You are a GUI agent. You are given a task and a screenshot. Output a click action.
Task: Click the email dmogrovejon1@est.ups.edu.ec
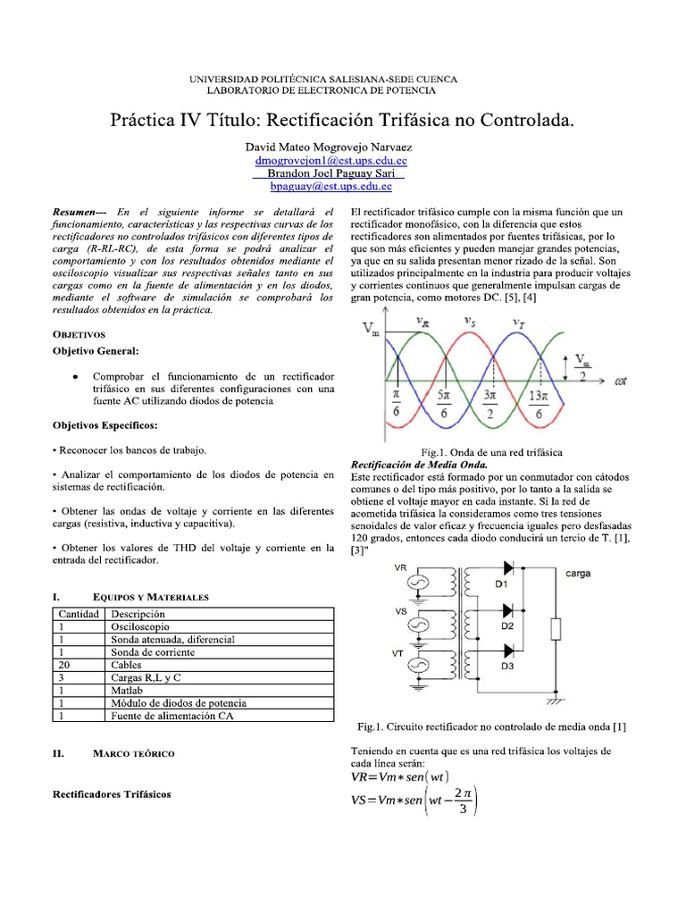point(330,160)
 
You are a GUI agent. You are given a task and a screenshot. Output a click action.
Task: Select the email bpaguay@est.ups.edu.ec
point(330,187)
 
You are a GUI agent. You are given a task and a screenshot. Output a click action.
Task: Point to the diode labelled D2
point(508,611)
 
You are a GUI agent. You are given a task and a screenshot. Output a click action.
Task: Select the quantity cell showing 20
point(64,665)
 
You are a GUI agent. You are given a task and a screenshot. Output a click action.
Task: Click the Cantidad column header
point(79,615)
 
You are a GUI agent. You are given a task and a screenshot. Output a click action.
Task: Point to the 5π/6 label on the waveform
point(442,401)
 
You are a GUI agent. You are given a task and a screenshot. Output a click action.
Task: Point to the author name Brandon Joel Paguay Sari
point(330,173)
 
